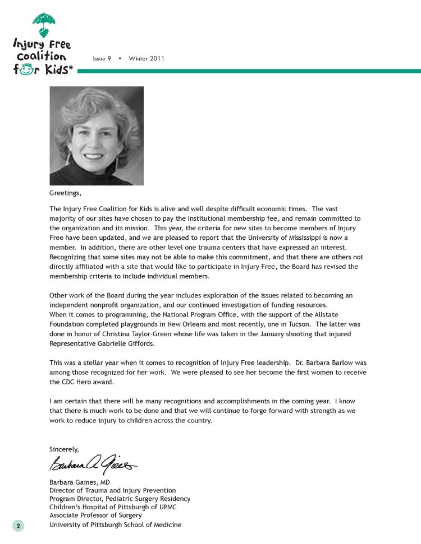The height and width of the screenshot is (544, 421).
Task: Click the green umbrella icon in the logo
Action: click(x=43, y=24)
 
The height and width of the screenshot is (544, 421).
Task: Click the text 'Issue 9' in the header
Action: click(x=102, y=59)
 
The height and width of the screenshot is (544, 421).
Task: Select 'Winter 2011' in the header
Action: click(x=147, y=59)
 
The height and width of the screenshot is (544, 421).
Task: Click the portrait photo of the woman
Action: click(x=97, y=136)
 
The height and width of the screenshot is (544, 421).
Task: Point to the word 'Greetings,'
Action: click(x=65, y=194)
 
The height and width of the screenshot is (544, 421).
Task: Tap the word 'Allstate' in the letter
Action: click(x=341, y=315)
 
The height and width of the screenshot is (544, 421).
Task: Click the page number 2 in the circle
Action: click(x=18, y=526)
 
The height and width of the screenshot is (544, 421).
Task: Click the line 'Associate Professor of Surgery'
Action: click(x=95, y=515)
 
